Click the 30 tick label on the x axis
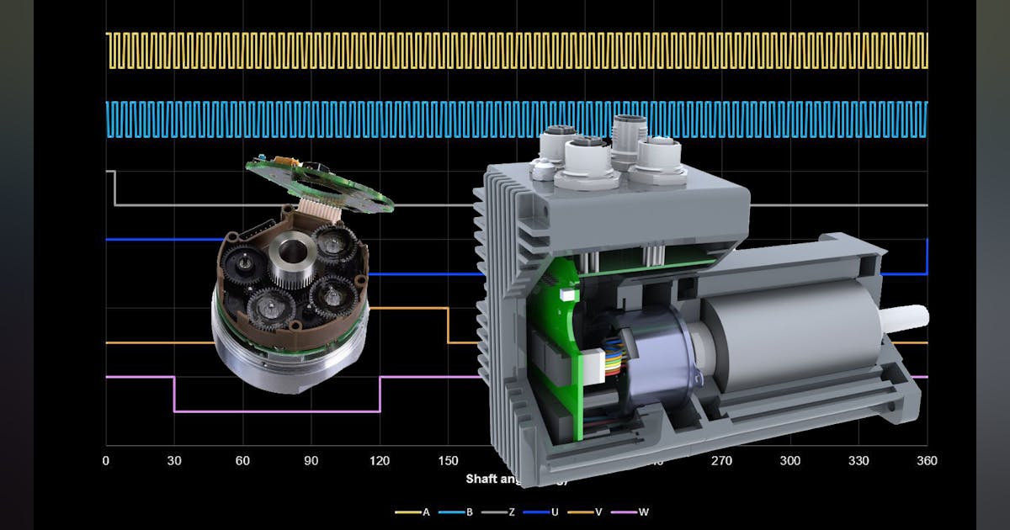[x=174, y=461]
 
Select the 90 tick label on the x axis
[x=311, y=461]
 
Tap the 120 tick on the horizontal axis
[x=380, y=461]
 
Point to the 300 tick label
[x=790, y=461]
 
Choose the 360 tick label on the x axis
[x=927, y=461]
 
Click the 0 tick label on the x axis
[x=106, y=461]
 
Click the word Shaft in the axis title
[x=483, y=479]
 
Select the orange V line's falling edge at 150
[x=448, y=326]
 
